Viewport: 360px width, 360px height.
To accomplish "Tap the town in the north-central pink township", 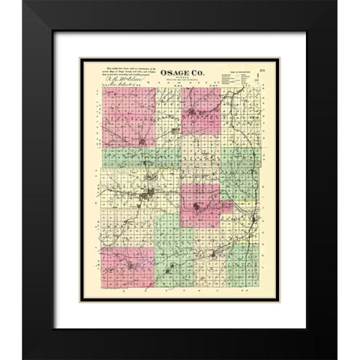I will coord(196,114).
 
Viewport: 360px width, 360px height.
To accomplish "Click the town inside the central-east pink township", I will coord(198,208).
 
